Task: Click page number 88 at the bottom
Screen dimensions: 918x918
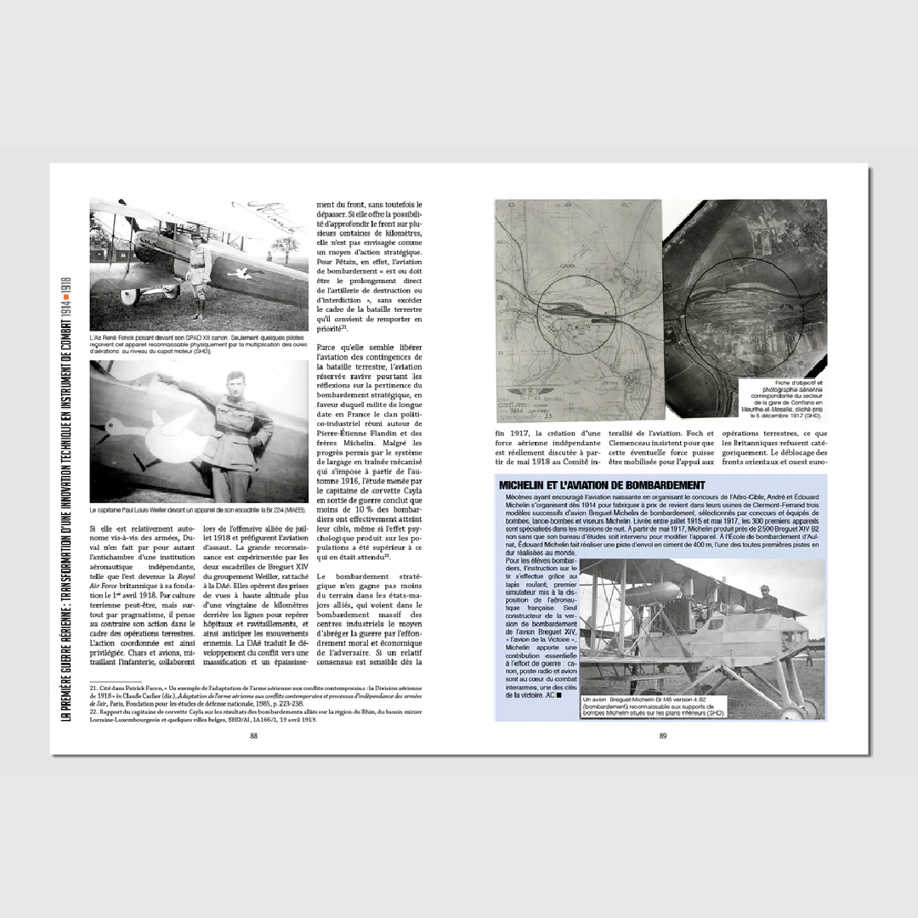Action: click(x=253, y=736)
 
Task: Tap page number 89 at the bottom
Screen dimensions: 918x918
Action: click(x=663, y=736)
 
